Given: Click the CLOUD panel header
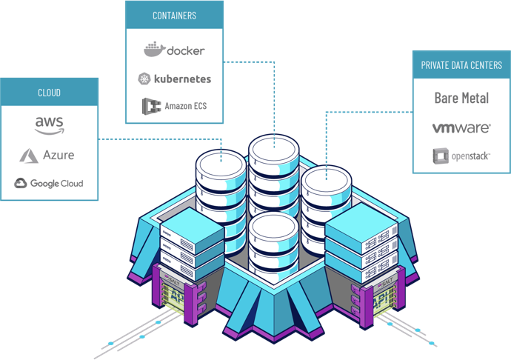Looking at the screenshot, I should tap(49, 93).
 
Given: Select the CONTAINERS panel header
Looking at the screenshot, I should tap(174, 15).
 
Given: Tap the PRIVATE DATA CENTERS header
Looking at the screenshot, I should tap(461, 65).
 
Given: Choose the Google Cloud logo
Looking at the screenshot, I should tap(49, 183).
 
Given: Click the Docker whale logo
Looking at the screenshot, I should tap(154, 50).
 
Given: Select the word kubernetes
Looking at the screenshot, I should tap(182, 79).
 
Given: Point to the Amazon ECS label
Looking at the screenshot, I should tap(184, 106).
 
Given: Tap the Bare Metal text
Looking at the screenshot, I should tap(461, 98).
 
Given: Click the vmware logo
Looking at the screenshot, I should tap(461, 128).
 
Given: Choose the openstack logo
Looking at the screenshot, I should tap(461, 156).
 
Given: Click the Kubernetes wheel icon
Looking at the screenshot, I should tap(144, 79).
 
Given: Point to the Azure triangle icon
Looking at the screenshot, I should tap(29, 156).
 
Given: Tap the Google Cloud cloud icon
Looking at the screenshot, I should tap(20, 183).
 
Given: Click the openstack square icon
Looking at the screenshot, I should tap(441, 156).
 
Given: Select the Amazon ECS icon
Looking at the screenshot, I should tap(153, 106).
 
